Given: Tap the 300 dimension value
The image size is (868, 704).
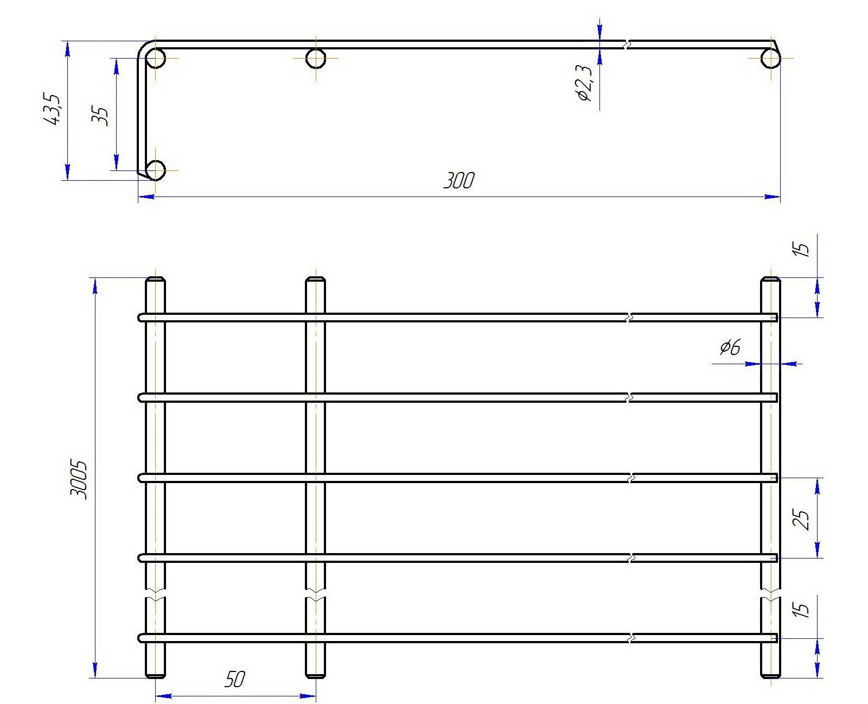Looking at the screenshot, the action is point(459,181).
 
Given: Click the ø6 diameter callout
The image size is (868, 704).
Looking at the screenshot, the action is point(730,347).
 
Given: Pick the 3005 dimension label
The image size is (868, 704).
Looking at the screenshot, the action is point(78,480).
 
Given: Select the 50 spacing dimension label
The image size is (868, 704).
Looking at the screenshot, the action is point(235,679).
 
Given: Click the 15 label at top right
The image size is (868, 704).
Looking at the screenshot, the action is point(802,250).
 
